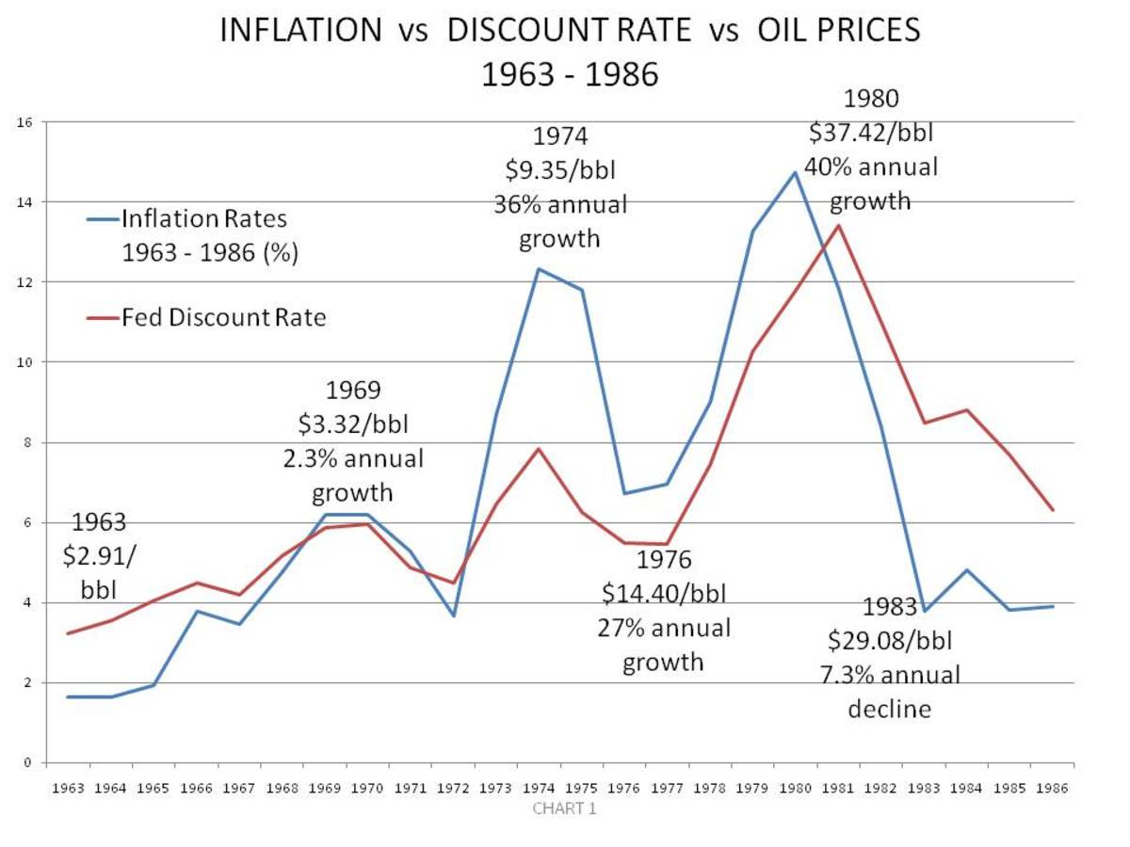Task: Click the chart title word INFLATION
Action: click(x=299, y=30)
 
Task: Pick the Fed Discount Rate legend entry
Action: click(x=223, y=318)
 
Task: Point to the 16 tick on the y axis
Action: click(x=25, y=121)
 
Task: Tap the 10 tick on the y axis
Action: click(x=25, y=362)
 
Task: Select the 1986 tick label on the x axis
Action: click(x=1053, y=790)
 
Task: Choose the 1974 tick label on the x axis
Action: click(x=539, y=790)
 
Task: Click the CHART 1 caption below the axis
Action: click(x=564, y=808)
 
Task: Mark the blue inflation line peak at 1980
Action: click(x=795, y=171)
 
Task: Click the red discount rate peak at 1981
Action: click(x=838, y=225)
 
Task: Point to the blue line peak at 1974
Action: click(x=538, y=268)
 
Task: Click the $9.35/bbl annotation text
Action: click(x=560, y=171)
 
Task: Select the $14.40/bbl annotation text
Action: click(x=663, y=595)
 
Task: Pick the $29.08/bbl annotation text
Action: click(x=890, y=641)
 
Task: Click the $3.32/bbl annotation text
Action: click(x=353, y=424)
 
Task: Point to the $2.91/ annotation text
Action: click(x=99, y=555)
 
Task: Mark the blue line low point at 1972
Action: click(x=453, y=615)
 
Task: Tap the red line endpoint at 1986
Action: click(x=1053, y=510)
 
